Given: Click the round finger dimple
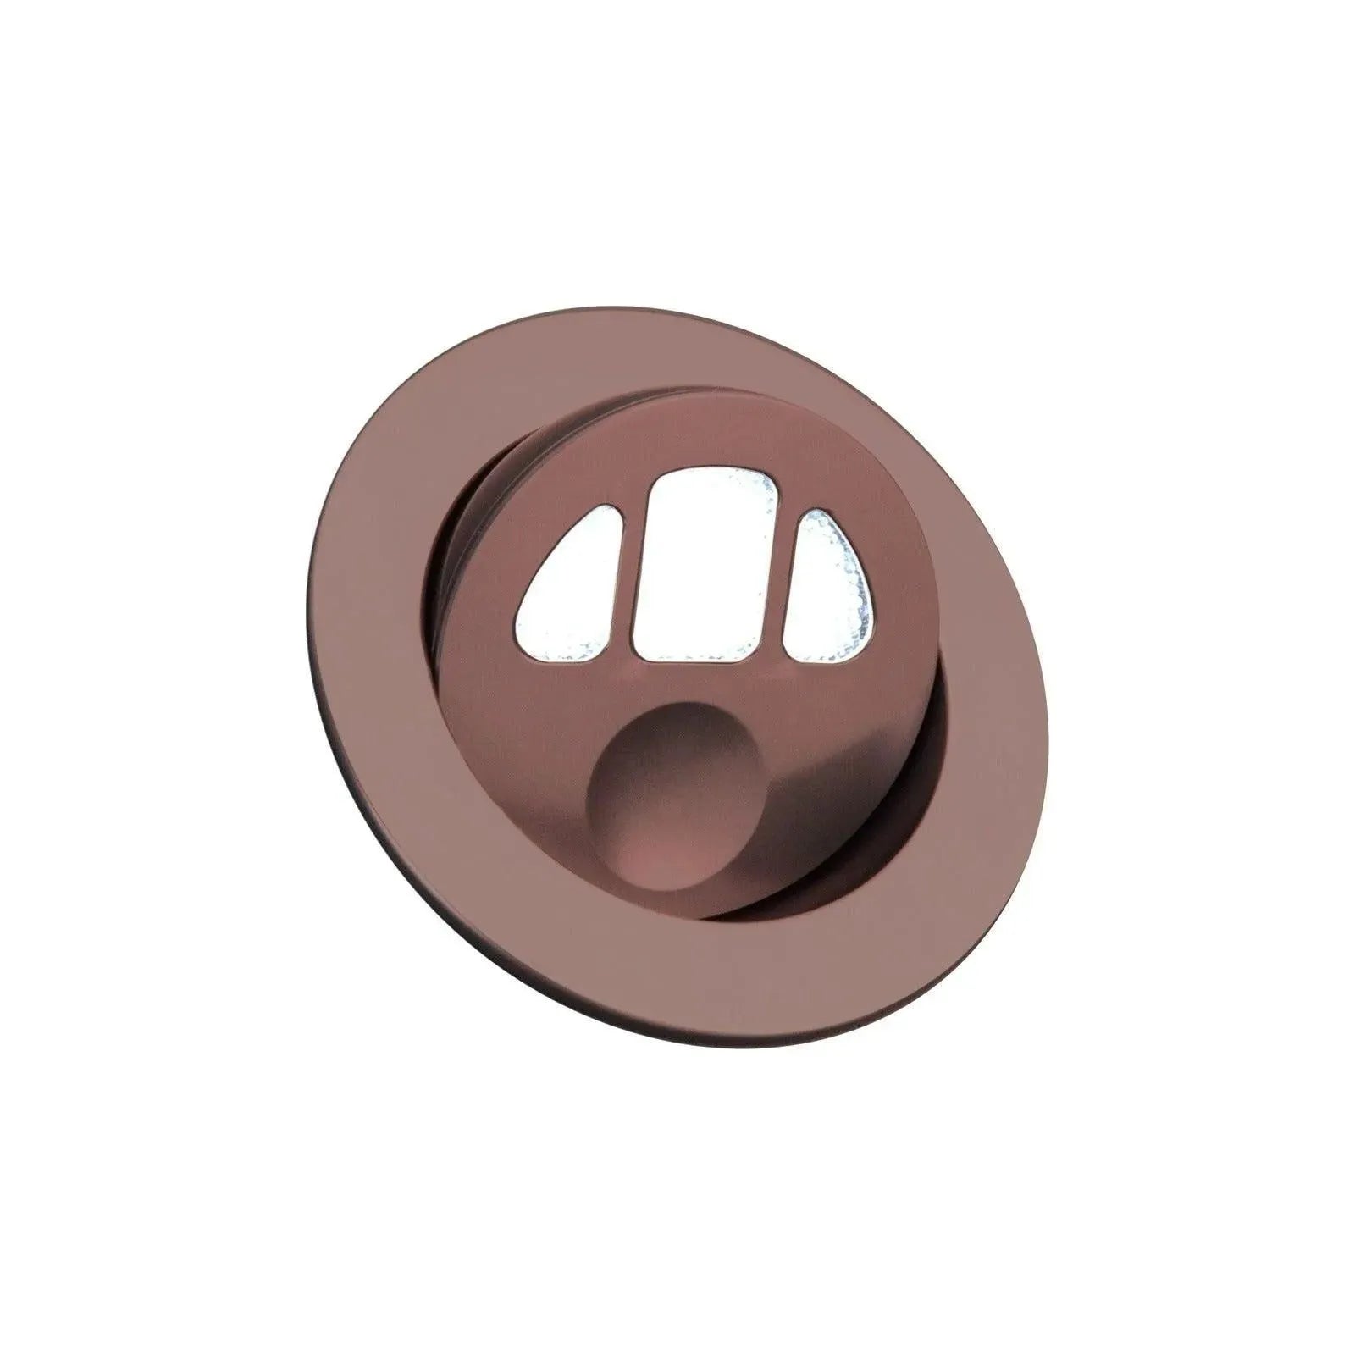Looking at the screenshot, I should tap(677, 796).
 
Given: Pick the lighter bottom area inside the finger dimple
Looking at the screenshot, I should tap(677, 855).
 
